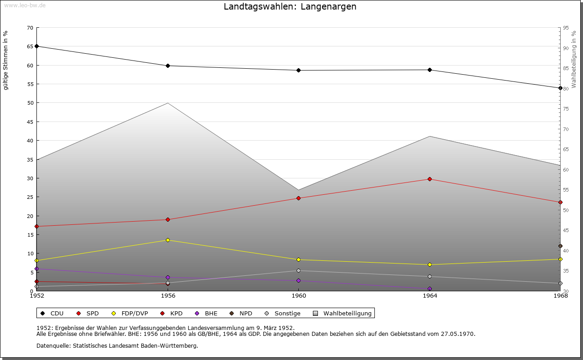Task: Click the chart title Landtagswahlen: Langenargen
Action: pos(290,7)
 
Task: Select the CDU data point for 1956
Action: pos(168,66)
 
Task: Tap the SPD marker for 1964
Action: pos(430,179)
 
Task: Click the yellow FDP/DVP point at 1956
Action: pos(168,240)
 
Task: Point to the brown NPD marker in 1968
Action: pos(560,246)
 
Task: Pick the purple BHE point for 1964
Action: pos(430,289)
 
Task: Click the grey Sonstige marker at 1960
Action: pos(298,270)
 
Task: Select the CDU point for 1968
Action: pos(560,88)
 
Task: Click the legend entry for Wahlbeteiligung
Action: pos(347,313)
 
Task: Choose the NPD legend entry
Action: pos(245,313)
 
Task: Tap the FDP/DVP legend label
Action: pos(134,313)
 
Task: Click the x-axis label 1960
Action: pos(298,296)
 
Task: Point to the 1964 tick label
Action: pos(430,296)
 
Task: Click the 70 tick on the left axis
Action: pos(30,28)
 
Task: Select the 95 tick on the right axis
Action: pos(565,28)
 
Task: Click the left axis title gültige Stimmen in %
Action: pos(6,60)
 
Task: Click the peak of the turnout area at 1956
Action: pos(168,103)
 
